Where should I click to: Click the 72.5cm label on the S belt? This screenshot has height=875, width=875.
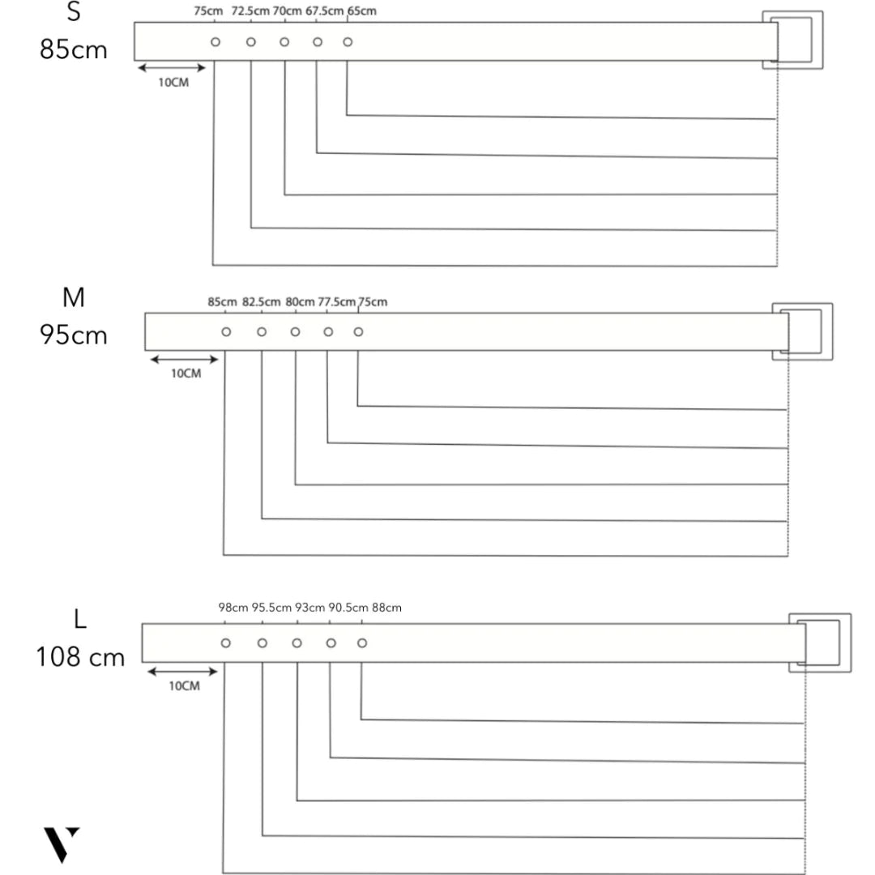pos(250,11)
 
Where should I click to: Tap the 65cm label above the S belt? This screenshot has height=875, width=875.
pos(361,11)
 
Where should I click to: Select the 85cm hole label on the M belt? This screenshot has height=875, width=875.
pos(222,302)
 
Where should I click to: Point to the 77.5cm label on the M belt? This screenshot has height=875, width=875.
pos(337,302)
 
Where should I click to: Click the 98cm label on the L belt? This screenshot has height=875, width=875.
pos(233,608)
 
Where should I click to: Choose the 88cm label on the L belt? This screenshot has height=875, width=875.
pos(387,608)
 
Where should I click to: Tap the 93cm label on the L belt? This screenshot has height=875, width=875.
pos(310,608)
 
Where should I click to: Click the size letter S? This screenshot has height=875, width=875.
pos(74,14)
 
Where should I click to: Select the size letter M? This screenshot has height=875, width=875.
pos(74,298)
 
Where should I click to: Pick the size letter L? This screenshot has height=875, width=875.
pos(79,620)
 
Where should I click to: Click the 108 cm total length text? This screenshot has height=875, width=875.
pos(80,656)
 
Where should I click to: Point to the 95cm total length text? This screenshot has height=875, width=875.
pos(74,334)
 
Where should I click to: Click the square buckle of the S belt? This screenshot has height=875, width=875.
pos(792,40)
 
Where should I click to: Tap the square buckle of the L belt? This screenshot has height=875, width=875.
pos(820,643)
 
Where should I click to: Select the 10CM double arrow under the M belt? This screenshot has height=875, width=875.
pos(185,359)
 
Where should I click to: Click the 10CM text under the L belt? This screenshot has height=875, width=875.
pos(184,686)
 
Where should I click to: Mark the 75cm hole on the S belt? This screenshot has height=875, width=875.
pos(216,41)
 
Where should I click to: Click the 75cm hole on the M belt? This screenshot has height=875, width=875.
pos(359,332)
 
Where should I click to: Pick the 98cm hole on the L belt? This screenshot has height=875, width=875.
pos(226,643)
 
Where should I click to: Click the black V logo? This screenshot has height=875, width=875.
pos(62,844)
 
